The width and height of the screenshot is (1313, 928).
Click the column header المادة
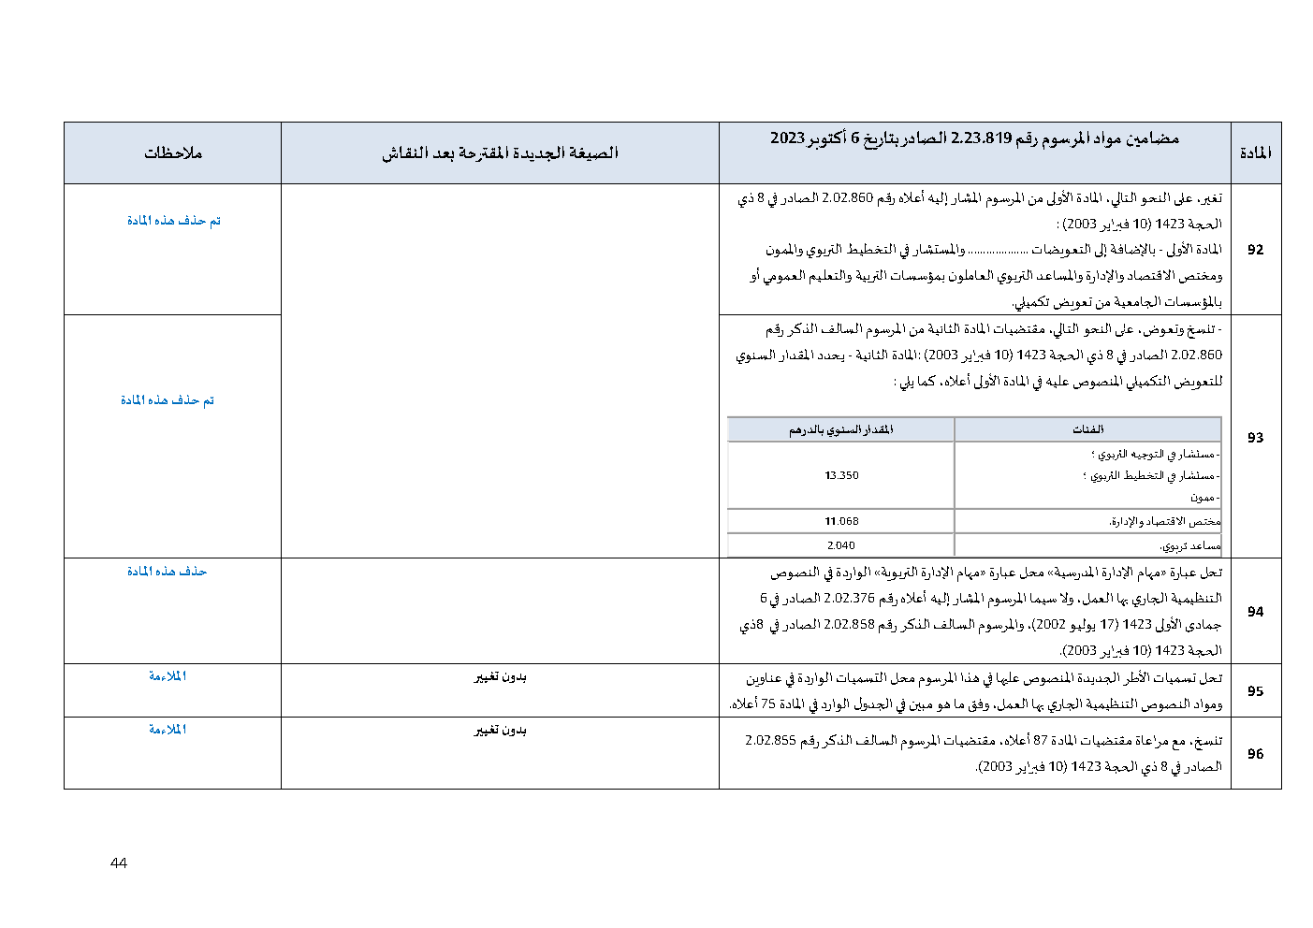coord(1255,153)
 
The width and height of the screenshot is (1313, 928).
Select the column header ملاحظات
coord(173,153)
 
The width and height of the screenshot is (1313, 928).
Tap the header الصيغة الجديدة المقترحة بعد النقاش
coord(500,153)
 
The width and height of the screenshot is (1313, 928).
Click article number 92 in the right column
coord(1255,250)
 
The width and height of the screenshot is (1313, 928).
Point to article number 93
coord(1255,437)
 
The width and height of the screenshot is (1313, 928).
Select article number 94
coord(1255,612)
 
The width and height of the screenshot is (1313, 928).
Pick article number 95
coord(1255,691)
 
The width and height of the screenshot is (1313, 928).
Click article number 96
coord(1255,754)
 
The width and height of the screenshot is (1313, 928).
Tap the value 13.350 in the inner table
coord(841,475)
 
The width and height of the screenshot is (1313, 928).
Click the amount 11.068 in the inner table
coord(841,521)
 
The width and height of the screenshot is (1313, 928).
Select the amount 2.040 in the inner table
coord(840,545)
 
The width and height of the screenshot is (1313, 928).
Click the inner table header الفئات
coord(1087,429)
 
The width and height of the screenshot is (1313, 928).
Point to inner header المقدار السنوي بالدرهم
coord(840,429)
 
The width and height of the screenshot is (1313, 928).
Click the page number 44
coord(119,863)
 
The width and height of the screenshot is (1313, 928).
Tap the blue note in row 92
coord(173,221)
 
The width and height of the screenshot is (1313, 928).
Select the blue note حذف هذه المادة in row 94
coord(167,572)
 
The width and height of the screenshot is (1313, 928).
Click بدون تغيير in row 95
coord(500,677)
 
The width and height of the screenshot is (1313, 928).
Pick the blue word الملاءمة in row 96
coord(168,730)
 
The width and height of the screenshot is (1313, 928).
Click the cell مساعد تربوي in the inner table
coord(1189,545)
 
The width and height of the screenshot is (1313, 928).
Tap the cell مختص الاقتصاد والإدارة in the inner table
coord(1164,521)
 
